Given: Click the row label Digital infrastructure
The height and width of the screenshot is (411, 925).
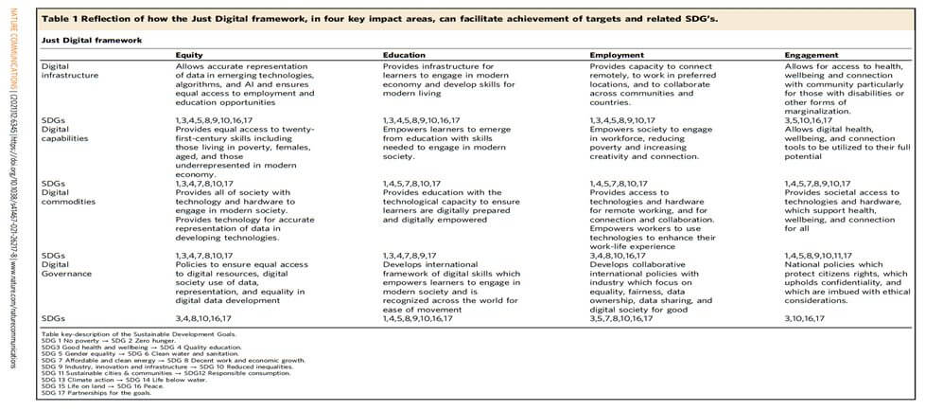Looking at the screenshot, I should tap(61, 72).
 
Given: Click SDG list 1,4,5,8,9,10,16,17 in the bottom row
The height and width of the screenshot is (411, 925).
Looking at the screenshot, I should tap(428, 319).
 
